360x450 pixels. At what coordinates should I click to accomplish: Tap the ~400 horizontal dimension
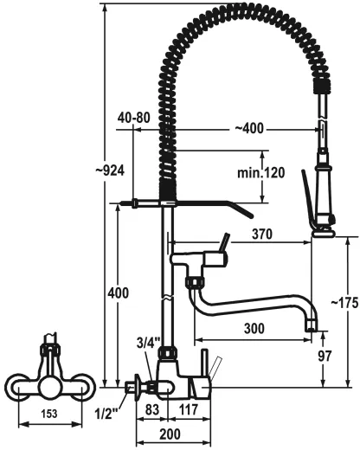[x=249, y=129]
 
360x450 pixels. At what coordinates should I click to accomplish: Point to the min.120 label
[x=260, y=173]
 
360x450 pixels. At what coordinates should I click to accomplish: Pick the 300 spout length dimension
[x=255, y=330]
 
